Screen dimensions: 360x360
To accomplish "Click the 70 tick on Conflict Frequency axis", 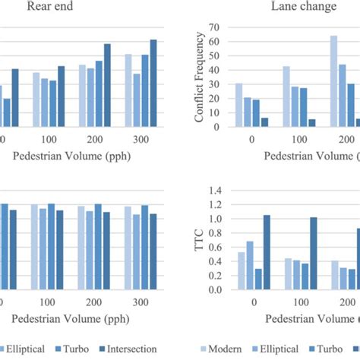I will point(213,27).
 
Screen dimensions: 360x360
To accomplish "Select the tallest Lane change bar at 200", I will point(333,81).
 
